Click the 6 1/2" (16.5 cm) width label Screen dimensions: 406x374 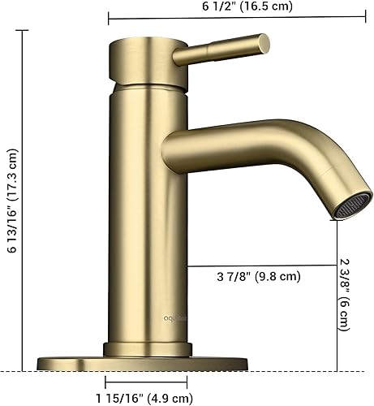(243, 6)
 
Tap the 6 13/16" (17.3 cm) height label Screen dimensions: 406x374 (12, 202)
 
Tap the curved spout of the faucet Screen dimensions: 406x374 (268, 150)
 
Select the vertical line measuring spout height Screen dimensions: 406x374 (337, 292)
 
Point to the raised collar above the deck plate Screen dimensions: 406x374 (147, 349)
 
